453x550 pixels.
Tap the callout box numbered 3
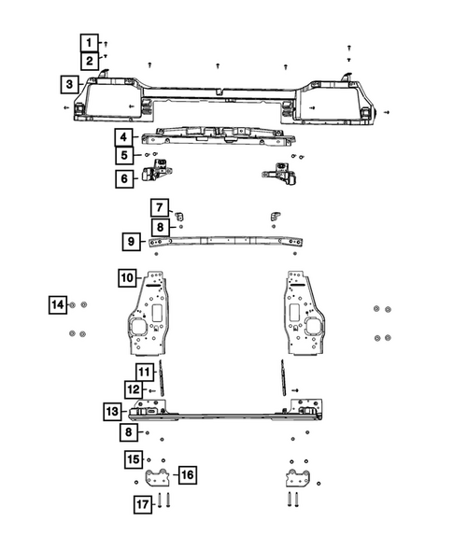click(70, 85)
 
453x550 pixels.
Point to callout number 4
click(124, 136)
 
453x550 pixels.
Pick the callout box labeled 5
click(124, 155)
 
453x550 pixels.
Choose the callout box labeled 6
click(124, 178)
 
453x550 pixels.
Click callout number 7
click(160, 207)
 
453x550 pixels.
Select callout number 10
click(127, 277)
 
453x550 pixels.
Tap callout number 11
click(144, 372)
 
